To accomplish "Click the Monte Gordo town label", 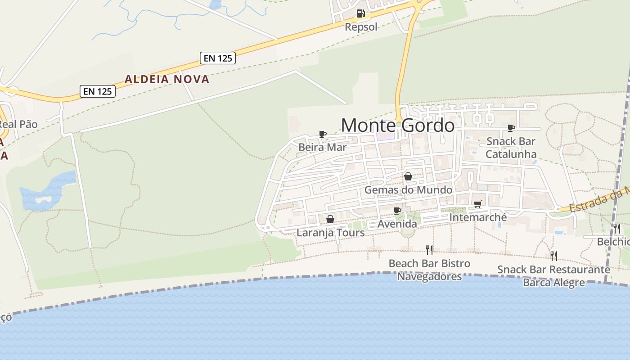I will [398, 125].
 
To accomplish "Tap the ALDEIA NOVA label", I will [167, 79].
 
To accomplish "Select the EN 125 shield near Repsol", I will [218, 58].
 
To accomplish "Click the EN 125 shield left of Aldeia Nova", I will [98, 91].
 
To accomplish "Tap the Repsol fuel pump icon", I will [360, 13].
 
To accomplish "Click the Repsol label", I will [361, 27].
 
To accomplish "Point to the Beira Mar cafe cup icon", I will [322, 134].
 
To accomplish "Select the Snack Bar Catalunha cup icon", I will [511, 128].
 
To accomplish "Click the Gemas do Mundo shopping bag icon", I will [408, 176].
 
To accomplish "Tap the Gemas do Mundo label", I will [408, 190].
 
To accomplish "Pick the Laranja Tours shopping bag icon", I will [330, 219].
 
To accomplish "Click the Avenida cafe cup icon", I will [397, 211].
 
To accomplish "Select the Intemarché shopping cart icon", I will [478, 204].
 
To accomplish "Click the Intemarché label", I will [478, 218].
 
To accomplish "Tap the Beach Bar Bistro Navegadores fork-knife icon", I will [429, 250].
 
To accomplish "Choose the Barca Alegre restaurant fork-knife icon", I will [554, 256].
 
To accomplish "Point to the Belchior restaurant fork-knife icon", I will [616, 229].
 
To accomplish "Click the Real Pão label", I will [18, 124].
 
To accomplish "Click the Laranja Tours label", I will [330, 233].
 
